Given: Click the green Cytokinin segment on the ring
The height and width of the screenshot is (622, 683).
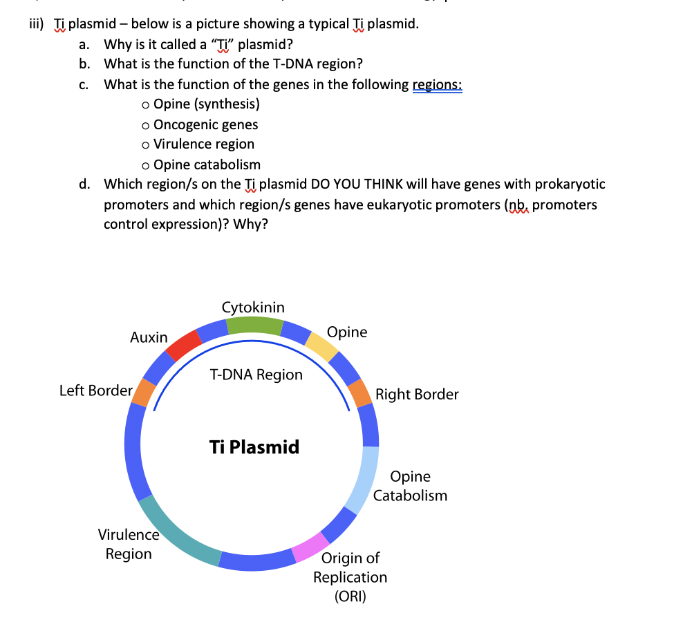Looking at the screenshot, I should (254, 326).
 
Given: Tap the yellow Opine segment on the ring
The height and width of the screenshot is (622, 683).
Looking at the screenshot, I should (321, 346).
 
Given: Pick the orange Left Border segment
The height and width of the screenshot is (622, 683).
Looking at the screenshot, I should (144, 392).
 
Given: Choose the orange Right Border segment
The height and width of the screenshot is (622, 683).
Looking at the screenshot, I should (360, 393).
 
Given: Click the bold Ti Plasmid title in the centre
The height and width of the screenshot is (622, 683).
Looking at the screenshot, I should (254, 446).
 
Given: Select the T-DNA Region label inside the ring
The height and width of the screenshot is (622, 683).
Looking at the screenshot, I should (256, 375).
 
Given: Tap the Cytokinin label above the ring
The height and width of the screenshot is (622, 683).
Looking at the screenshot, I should (253, 307).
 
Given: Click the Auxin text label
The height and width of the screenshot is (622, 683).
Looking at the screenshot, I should (149, 337).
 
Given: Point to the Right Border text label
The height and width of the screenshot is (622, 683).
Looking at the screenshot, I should (417, 394).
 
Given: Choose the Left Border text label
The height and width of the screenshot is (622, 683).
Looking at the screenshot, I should (95, 390).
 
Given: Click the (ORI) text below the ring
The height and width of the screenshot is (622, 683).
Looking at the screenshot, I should (350, 596).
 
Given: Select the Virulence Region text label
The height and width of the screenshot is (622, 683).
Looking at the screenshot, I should (129, 544).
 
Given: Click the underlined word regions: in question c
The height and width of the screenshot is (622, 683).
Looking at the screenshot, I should (437, 85).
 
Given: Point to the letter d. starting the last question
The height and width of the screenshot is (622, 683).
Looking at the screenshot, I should (84, 184).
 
